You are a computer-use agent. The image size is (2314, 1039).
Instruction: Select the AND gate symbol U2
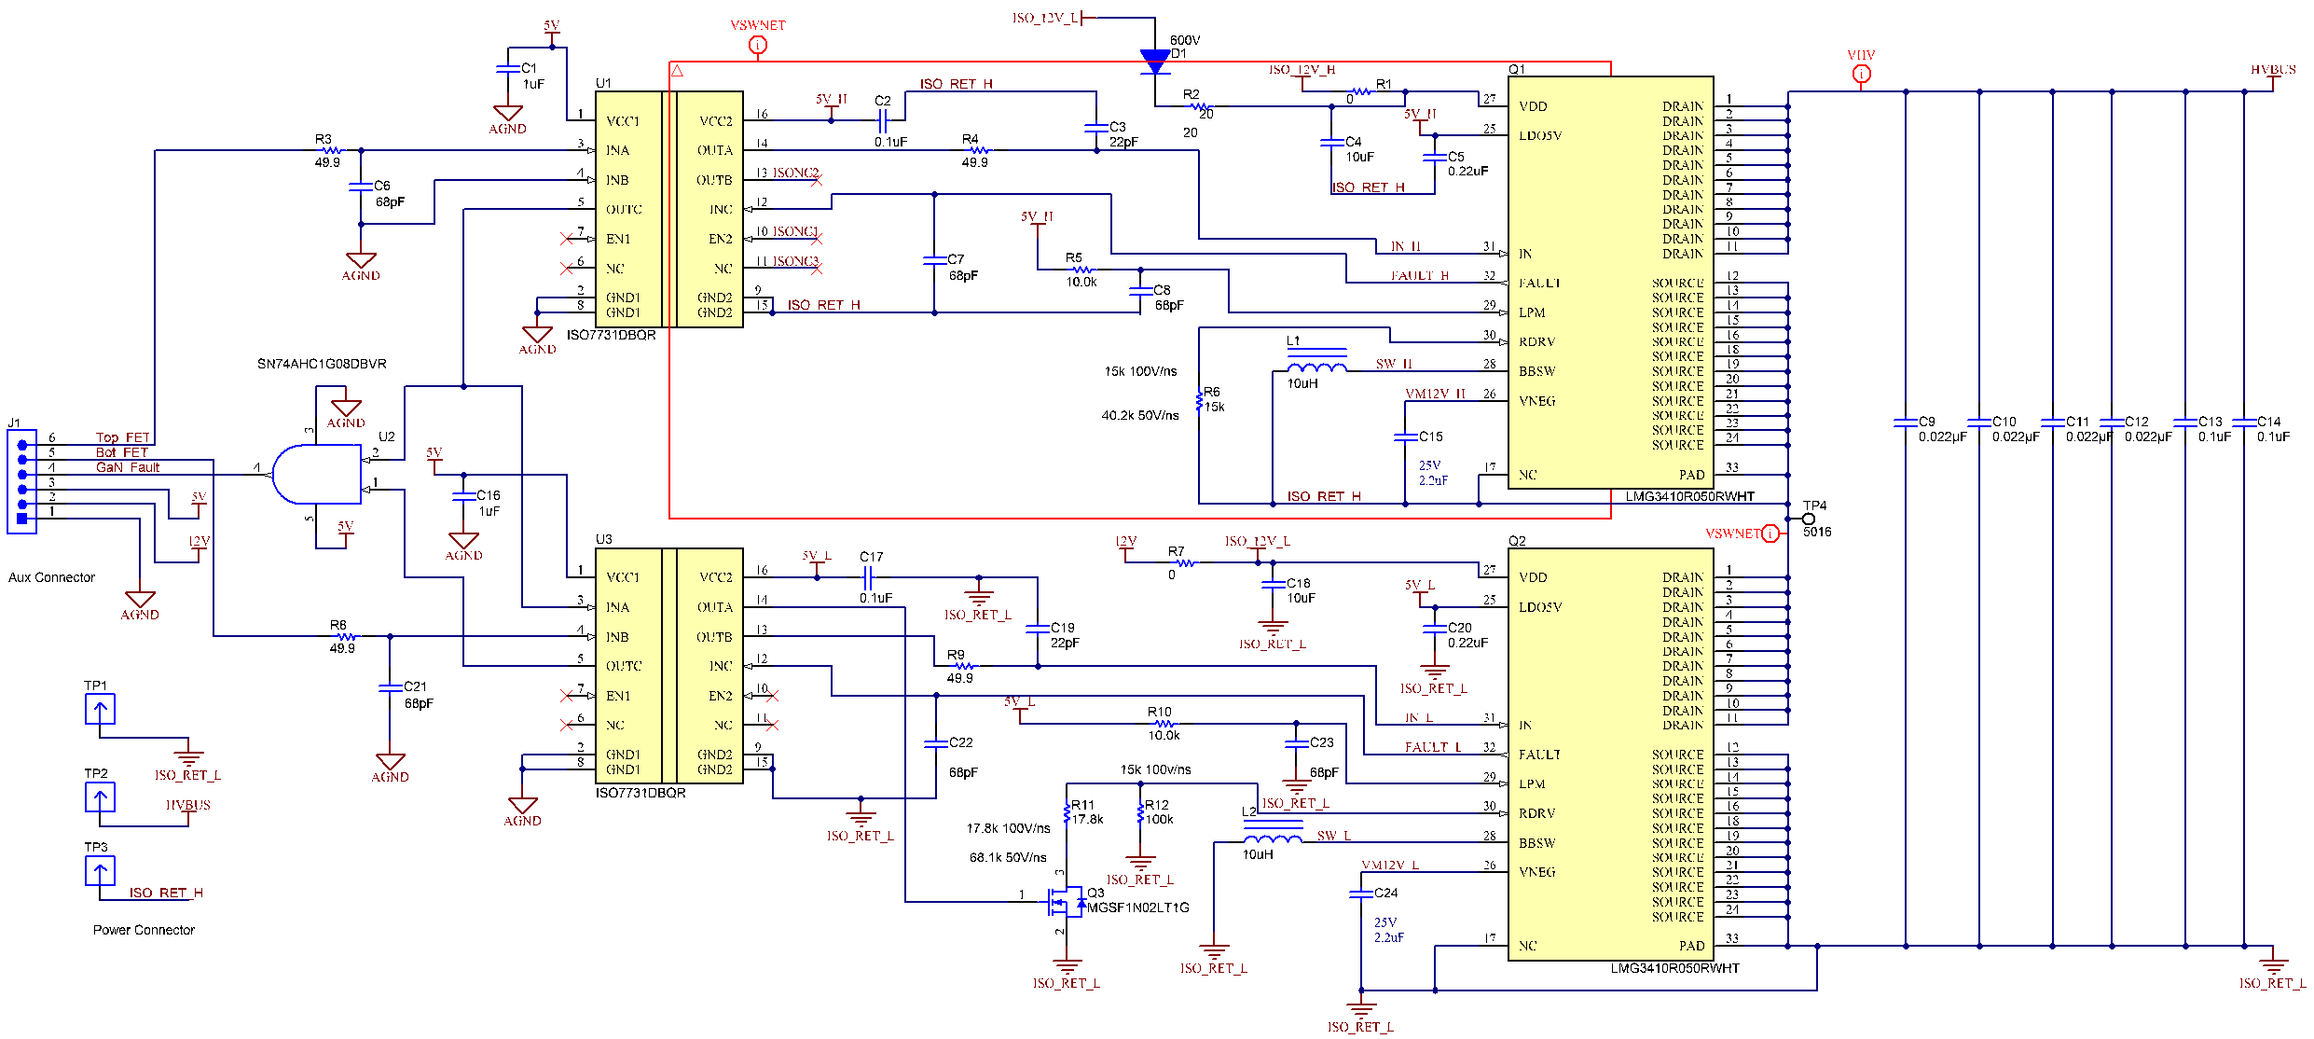[x=316, y=475]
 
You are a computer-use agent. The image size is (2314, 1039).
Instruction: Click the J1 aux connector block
[x=22, y=481]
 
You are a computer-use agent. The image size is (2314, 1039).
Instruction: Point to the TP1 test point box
[x=100, y=710]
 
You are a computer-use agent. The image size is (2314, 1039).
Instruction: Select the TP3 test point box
[x=100, y=871]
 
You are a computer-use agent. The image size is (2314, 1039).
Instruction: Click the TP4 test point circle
[x=1808, y=519]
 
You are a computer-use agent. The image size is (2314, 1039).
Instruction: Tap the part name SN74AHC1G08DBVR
[x=322, y=364]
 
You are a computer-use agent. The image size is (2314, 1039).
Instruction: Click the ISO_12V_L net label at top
[x=1044, y=18]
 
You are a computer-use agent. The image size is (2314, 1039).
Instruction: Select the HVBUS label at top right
[x=2273, y=70]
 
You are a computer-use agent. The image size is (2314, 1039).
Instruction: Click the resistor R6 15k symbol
[x=1199, y=401]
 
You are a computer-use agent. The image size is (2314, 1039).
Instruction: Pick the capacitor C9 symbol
[x=1906, y=423]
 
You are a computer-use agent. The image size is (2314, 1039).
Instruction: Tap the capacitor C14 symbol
[x=2244, y=423]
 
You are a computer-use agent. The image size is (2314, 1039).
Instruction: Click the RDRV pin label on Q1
[x=1536, y=342]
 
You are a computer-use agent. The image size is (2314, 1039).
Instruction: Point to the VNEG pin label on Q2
[x=1536, y=872]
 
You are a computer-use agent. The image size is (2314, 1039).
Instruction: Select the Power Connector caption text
[x=144, y=930]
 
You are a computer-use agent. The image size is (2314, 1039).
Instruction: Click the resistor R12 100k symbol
[x=1140, y=814]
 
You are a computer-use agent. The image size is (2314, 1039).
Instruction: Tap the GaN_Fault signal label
[x=128, y=467]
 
